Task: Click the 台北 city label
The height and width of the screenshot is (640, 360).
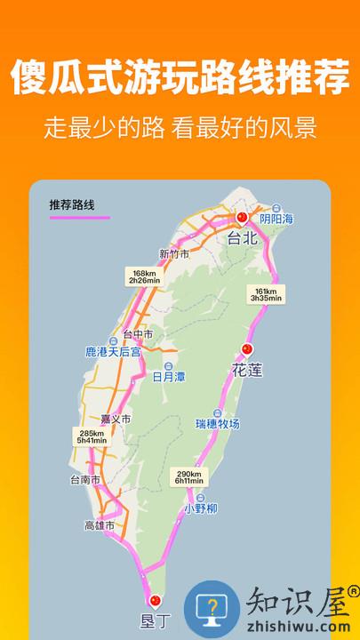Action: [242, 238]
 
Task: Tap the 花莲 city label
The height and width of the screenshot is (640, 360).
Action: [248, 370]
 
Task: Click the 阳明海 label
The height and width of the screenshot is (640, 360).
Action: [276, 219]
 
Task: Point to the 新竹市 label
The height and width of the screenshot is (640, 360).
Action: [175, 252]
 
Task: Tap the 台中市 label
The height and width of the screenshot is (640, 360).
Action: [138, 334]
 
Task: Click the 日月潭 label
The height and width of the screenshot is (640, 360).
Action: [168, 376]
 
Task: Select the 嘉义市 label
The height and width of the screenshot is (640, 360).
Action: [115, 419]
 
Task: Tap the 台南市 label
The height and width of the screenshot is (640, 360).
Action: [84, 479]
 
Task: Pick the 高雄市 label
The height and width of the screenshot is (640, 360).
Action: [100, 525]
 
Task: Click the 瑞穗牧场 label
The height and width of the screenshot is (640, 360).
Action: [218, 423]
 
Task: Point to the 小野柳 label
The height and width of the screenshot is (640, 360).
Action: [202, 508]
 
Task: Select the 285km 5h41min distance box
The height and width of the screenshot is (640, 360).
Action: [91, 436]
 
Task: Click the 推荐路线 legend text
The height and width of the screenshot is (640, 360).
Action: [72, 204]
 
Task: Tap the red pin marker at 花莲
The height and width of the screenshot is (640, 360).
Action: [248, 348]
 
